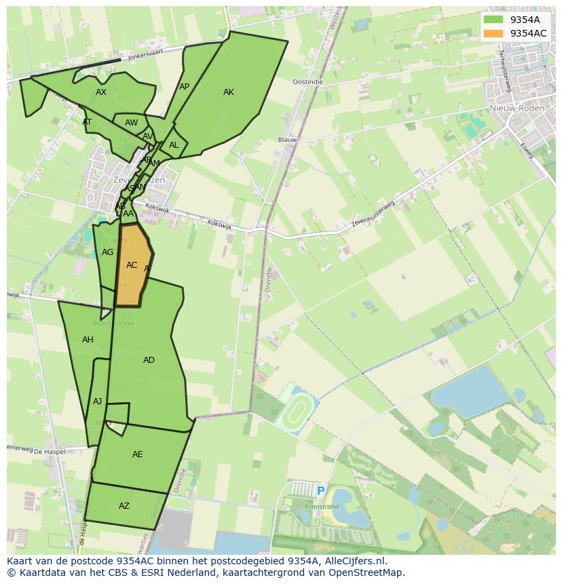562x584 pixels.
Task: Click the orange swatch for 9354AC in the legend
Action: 493,33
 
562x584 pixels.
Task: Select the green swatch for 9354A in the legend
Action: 493,19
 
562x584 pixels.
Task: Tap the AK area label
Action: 229,92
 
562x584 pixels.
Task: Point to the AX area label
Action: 101,92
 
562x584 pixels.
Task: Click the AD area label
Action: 149,360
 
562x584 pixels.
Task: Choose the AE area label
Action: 138,454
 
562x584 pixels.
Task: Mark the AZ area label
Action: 124,506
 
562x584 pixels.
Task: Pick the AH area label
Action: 88,340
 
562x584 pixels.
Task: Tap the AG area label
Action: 107,252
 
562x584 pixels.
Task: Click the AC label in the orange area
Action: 132,265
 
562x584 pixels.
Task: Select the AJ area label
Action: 98,402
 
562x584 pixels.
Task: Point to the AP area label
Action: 184,87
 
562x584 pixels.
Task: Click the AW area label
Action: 131,123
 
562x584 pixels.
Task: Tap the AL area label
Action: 174,145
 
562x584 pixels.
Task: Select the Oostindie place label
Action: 307,81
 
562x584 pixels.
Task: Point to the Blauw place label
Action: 288,140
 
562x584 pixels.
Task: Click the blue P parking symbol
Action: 320,490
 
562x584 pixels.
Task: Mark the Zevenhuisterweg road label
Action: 373,214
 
